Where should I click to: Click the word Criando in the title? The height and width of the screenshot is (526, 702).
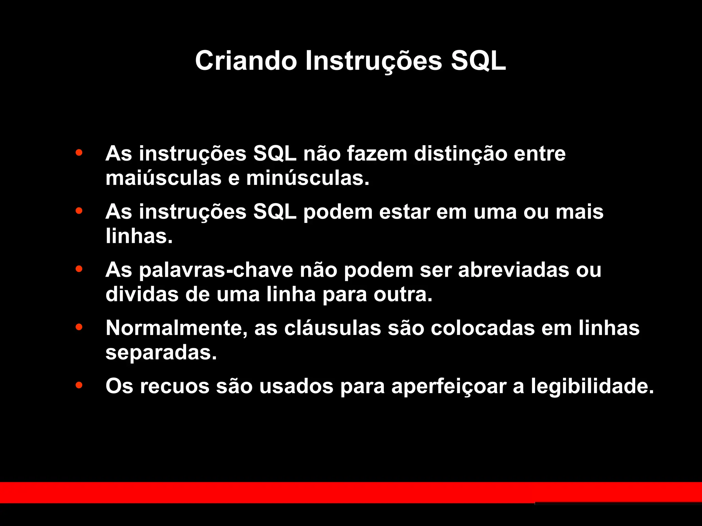[x=246, y=61]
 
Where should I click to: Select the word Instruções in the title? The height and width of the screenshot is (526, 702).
[x=374, y=61]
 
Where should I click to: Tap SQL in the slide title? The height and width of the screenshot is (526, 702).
[x=478, y=61]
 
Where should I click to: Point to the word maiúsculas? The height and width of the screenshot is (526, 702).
[x=164, y=178]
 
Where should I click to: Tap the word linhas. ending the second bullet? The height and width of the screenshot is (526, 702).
[x=139, y=236]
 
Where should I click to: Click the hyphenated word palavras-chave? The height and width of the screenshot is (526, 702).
[x=216, y=270]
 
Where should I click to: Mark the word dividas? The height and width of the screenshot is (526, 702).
[x=142, y=294]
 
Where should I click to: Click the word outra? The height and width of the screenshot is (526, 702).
[x=403, y=294]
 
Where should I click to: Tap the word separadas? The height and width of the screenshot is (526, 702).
[x=161, y=353]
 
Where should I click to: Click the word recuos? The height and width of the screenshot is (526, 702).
[x=174, y=386]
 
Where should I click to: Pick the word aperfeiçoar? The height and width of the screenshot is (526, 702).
[x=449, y=386]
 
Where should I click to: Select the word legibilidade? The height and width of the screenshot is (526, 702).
[x=592, y=386]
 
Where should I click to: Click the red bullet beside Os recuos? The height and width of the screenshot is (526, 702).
[x=79, y=385]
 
